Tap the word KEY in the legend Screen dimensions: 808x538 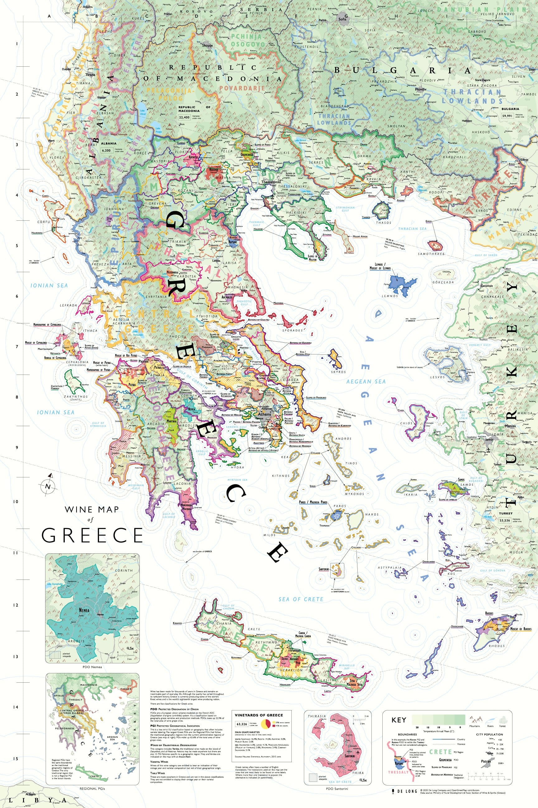[x=399, y=720]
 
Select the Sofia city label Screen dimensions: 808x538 [x=342, y=19]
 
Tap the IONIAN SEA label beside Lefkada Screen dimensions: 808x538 [x=49, y=286]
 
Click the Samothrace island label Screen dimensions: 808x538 [x=431, y=253]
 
